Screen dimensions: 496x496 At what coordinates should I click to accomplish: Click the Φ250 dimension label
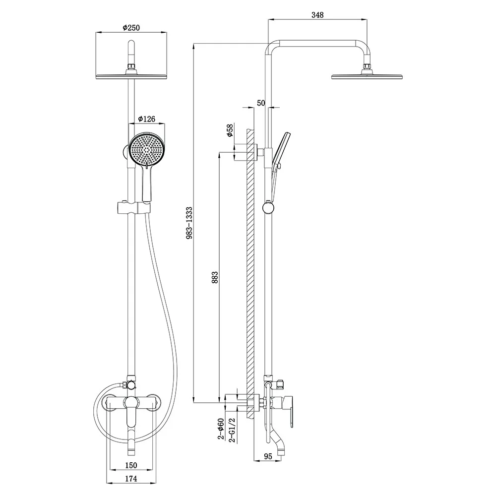[131, 27]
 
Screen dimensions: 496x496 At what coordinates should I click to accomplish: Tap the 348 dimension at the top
[317, 15]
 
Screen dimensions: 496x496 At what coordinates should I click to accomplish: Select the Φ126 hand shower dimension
[147, 119]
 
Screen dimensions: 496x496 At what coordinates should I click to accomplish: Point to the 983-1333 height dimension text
[189, 223]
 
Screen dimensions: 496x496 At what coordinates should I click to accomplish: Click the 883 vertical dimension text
[215, 277]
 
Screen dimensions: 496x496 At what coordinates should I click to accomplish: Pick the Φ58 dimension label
[230, 130]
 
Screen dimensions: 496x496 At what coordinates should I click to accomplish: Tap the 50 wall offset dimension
[261, 103]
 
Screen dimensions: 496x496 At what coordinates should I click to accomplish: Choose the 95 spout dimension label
[268, 456]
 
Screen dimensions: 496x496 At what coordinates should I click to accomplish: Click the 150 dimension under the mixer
[131, 465]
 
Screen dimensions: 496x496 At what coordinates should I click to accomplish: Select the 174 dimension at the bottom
[131, 479]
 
